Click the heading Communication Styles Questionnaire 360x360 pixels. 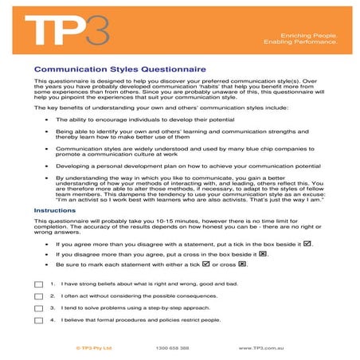click(108, 68)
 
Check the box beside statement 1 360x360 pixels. click(39, 284)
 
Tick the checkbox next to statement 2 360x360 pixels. click(39, 295)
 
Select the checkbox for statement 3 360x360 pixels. click(39, 307)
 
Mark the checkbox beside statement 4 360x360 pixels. click(39, 319)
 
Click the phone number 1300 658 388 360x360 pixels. click(173, 348)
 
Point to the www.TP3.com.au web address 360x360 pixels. click(267, 348)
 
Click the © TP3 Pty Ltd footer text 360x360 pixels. click(93, 348)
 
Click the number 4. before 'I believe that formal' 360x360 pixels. click(53, 319)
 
